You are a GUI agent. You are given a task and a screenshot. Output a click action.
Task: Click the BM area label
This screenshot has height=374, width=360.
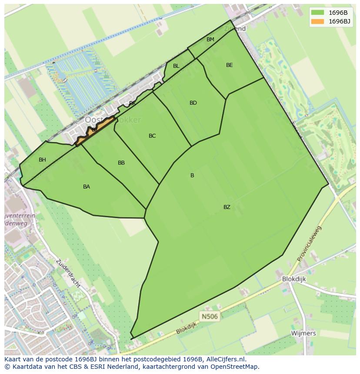coord(210,40)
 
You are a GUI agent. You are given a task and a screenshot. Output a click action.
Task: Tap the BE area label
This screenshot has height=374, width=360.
coord(230,65)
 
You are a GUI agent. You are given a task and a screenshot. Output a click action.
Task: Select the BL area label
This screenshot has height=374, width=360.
coord(176,66)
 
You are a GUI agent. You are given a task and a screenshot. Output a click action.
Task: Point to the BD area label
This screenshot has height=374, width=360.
coord(193,103)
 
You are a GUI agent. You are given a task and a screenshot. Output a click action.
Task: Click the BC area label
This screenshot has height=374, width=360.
coord(152,136)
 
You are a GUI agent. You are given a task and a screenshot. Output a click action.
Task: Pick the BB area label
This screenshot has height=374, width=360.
coord(121,163)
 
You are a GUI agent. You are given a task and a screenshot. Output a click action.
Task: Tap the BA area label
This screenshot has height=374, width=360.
coord(87,187)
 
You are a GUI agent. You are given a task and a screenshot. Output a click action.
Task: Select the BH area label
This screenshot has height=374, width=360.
coord(42,160)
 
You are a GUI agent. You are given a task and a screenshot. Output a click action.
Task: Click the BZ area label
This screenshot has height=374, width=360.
coord(227,207)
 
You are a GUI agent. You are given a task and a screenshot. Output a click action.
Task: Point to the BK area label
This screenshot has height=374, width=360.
coord(132,103)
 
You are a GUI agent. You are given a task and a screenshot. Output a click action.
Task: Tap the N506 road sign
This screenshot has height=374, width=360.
coord(209,316)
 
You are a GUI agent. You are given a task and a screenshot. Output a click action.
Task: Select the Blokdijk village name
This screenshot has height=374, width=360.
coord(294,279)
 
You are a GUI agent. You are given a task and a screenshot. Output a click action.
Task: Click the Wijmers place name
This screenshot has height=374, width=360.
coord(304,333)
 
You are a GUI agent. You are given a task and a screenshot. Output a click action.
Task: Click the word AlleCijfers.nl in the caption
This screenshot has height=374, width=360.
coord(225,359)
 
